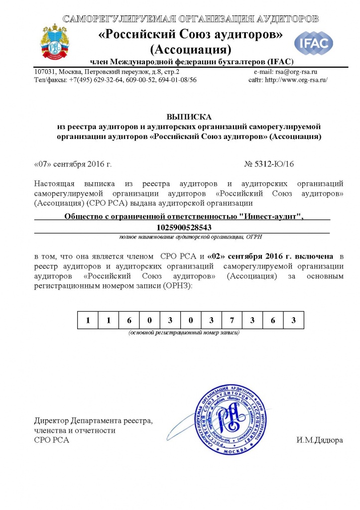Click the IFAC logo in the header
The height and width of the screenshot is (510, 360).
tap(313, 43)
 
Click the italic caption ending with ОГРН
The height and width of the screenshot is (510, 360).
tap(183, 237)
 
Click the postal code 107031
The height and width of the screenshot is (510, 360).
tap(45, 72)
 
